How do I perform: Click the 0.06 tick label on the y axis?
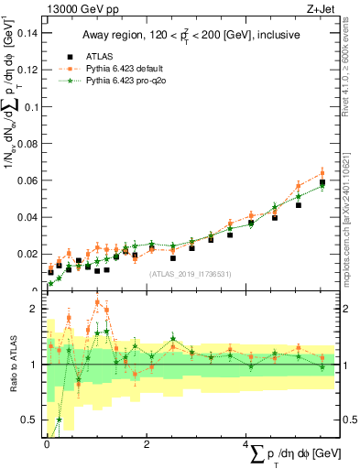pyautogui.click(x=27, y=180)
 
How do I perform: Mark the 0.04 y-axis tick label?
pyautogui.click(x=27, y=217)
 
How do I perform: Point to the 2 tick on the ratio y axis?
pyautogui.click(x=34, y=309)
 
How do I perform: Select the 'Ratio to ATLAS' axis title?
pyautogui.click(x=12, y=365)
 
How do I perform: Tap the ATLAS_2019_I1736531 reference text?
pyautogui.click(x=191, y=273)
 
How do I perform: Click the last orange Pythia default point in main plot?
pyautogui.click(x=322, y=172)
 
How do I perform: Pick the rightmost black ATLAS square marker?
pyautogui.click(x=322, y=182)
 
